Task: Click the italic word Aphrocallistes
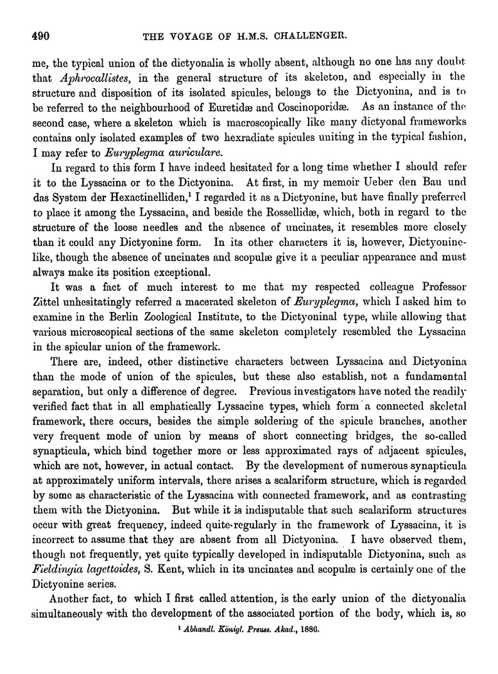click(87, 78)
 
